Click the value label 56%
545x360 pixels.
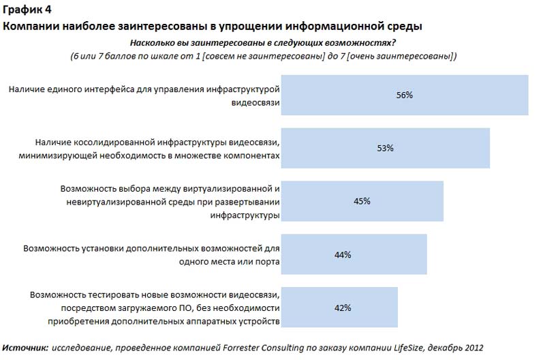pos(405,95)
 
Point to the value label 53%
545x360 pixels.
pos(386,148)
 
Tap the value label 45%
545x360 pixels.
pos(362,200)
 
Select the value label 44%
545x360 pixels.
pos(343,254)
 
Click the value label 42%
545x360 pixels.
pos(343,307)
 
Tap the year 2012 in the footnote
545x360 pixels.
pos(473,348)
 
